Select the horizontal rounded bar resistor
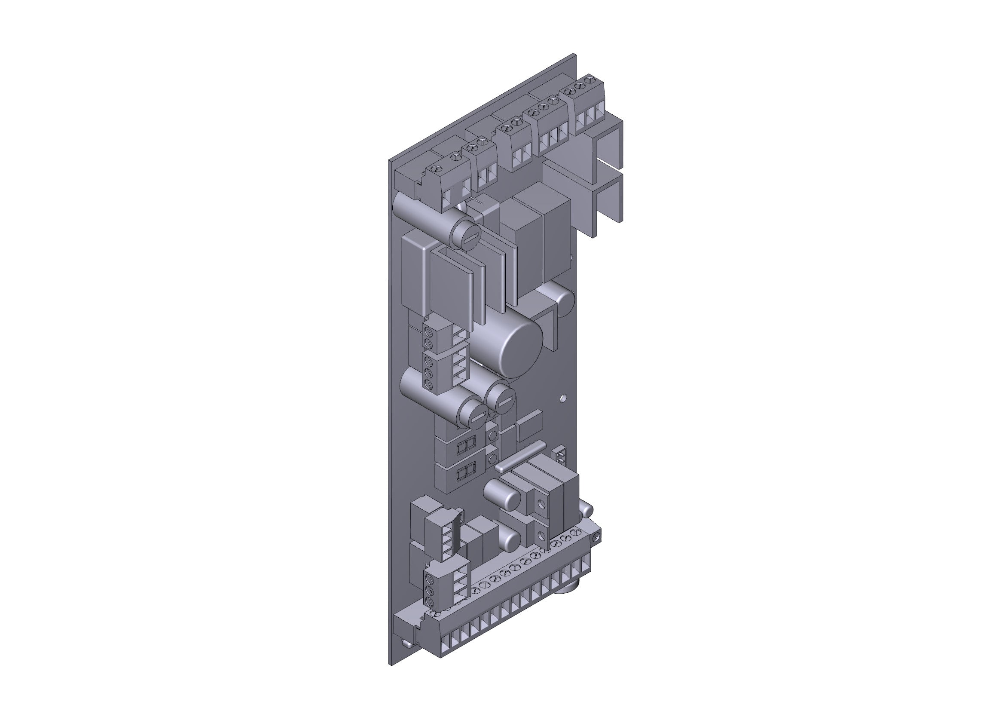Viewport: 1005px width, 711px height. coord(521,456)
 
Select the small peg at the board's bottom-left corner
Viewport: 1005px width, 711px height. coord(407,643)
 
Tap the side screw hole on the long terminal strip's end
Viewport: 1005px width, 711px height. coord(595,537)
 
